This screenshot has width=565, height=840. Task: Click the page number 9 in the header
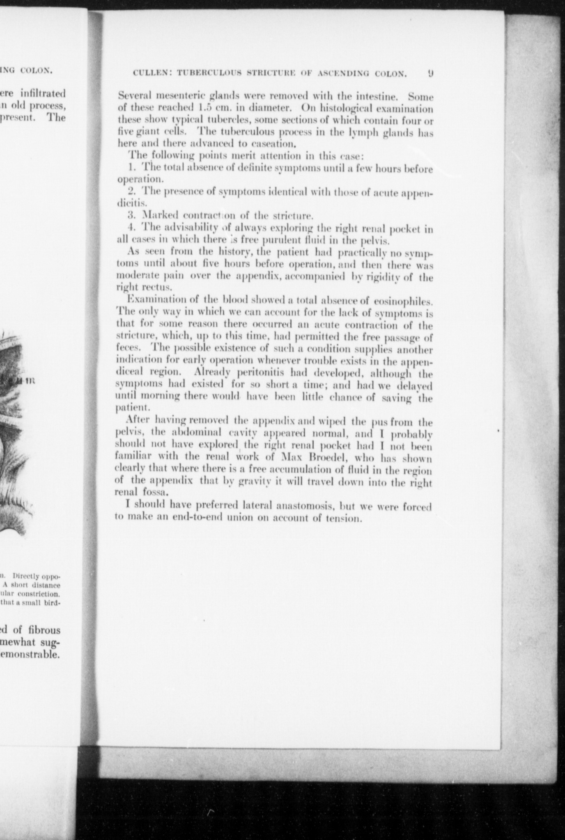430,74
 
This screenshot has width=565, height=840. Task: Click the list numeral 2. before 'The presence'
132,192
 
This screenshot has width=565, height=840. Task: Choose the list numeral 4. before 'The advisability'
132,227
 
